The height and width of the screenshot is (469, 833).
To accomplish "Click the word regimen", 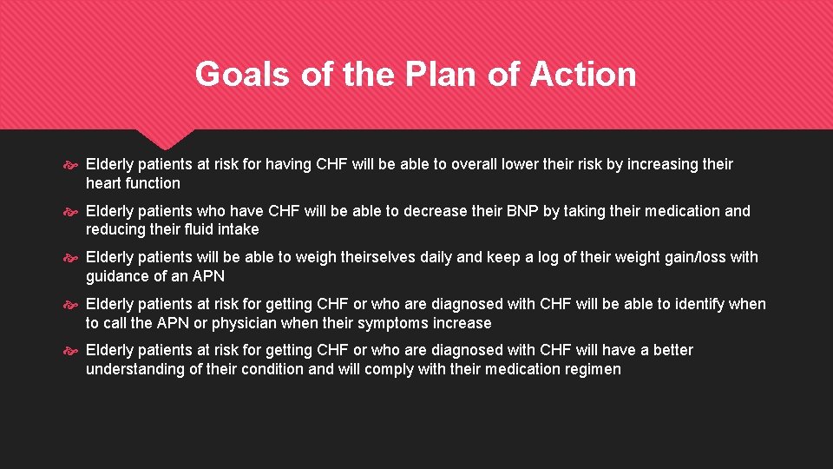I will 592,369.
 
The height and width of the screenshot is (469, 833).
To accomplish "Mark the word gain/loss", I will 687,258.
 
